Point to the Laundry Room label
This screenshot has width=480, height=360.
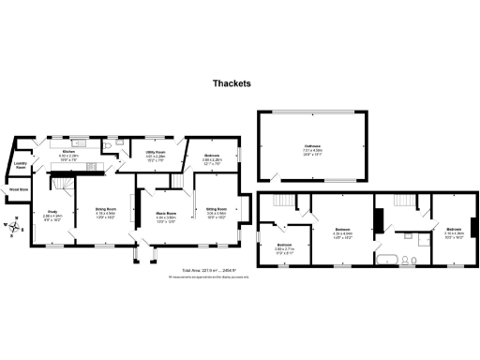(20, 168)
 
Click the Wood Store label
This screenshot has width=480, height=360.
(18, 189)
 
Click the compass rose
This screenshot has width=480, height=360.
(16, 225)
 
